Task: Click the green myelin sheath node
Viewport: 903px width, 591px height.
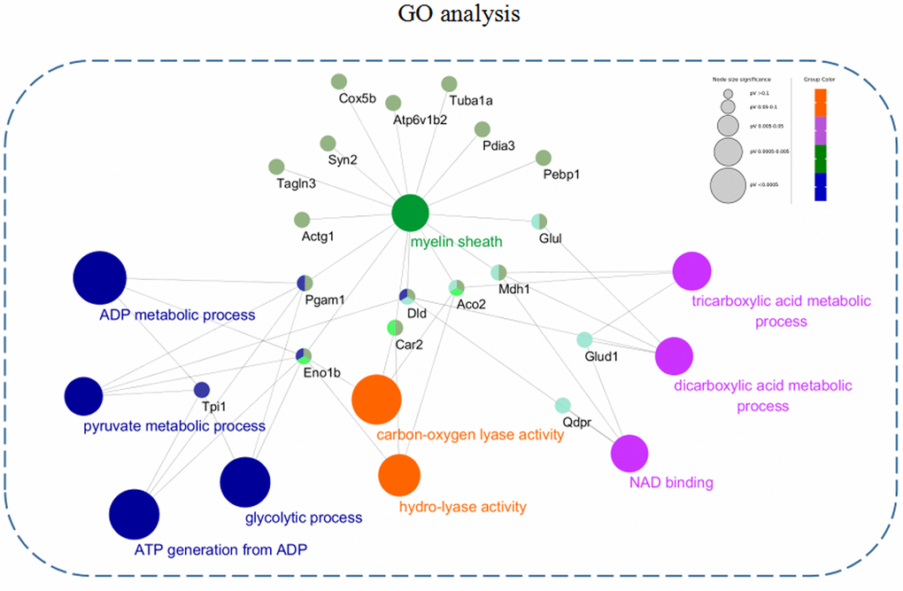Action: [x=410, y=214]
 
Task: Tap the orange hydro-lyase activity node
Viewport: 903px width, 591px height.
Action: [x=399, y=475]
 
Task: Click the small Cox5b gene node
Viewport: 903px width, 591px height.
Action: [x=338, y=82]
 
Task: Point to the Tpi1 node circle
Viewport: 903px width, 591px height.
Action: [x=201, y=389]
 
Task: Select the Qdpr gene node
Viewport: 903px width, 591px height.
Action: [x=562, y=406]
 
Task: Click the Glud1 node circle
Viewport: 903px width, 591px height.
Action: [x=584, y=339]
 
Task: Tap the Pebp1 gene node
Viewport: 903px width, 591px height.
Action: [x=544, y=158]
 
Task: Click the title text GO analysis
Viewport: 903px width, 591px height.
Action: [x=451, y=15]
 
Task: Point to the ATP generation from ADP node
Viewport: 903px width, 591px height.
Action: [x=134, y=513]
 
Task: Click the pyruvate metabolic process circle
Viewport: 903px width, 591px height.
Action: [x=84, y=395]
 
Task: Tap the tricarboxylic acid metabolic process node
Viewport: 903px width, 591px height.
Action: [x=692, y=272]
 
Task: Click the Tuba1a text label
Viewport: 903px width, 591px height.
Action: [x=470, y=100]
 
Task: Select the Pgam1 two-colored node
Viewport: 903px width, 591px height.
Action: [x=305, y=283]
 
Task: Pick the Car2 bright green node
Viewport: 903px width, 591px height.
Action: [x=396, y=328]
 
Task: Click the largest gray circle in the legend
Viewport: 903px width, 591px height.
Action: [x=728, y=185]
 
